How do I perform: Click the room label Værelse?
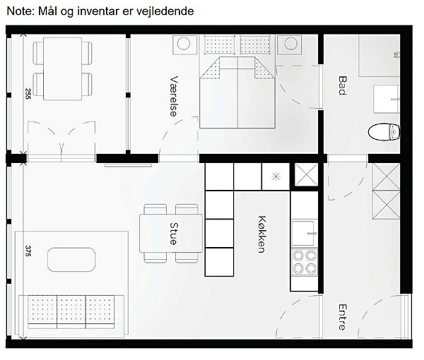click(x=174, y=96)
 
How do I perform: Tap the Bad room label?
click(x=343, y=85)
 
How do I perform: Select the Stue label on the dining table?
click(x=174, y=234)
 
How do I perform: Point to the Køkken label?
click(x=262, y=234)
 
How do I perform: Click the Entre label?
click(x=343, y=317)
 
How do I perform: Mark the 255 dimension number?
click(x=28, y=94)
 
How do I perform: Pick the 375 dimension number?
click(x=28, y=251)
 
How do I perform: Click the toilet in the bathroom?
click(x=384, y=132)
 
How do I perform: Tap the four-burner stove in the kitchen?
click(x=305, y=262)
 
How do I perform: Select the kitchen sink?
click(x=304, y=233)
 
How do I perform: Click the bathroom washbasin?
click(x=386, y=99)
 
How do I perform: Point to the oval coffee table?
click(x=71, y=260)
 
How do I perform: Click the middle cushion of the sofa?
click(x=71, y=312)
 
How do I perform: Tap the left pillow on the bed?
click(x=219, y=44)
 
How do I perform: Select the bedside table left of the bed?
click(x=184, y=45)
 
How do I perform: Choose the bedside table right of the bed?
click(x=289, y=45)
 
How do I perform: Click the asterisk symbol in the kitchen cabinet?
click(x=276, y=176)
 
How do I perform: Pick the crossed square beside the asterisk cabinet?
click(x=307, y=175)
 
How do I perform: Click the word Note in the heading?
click(x=20, y=11)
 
